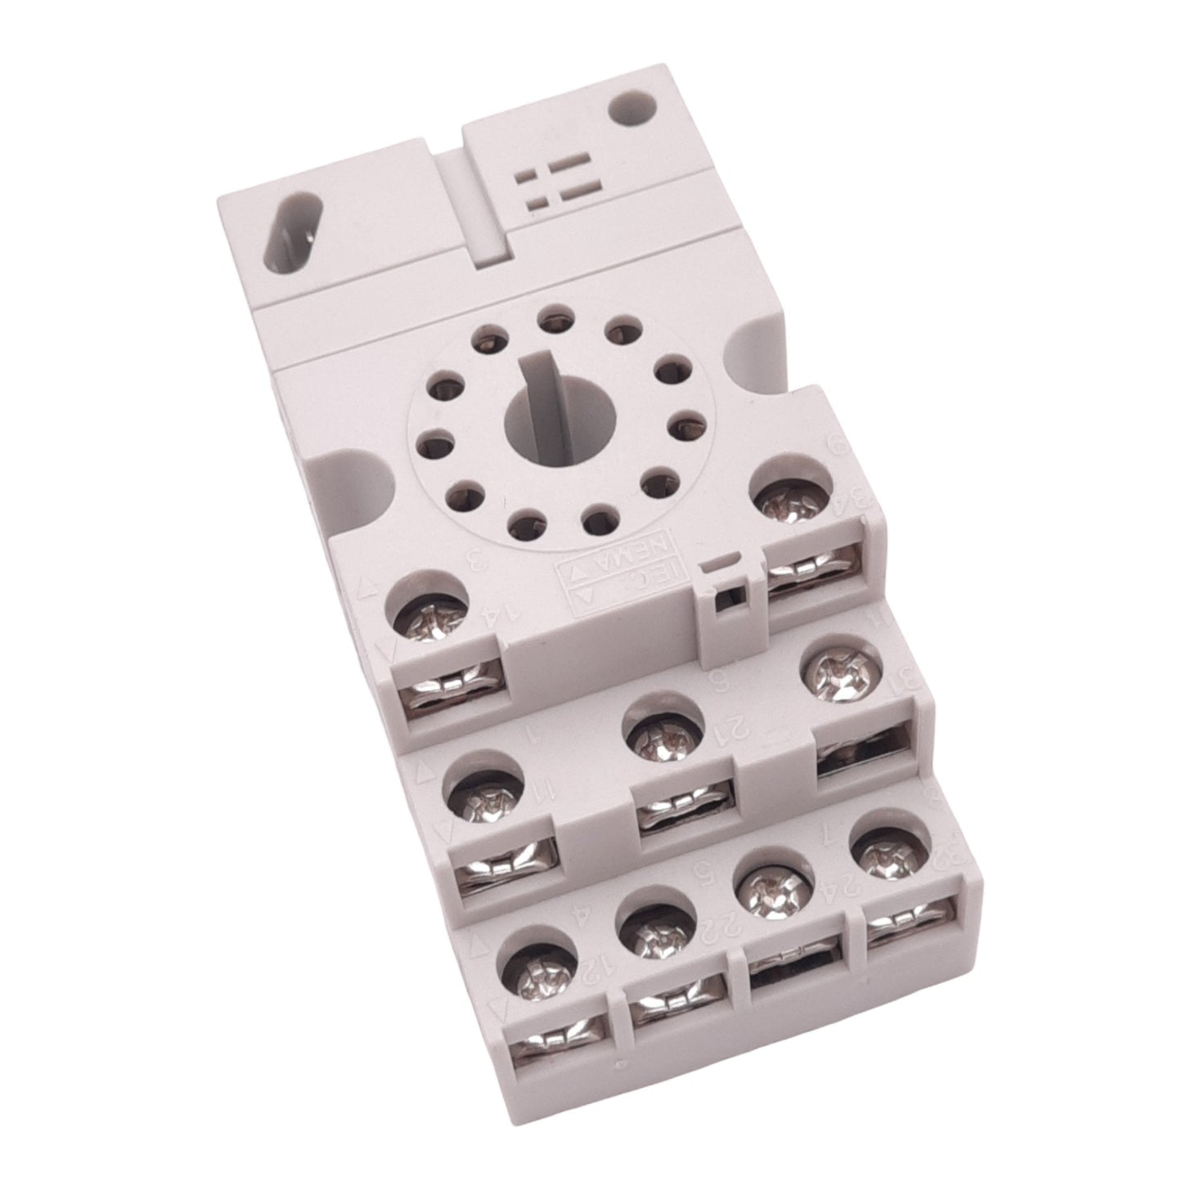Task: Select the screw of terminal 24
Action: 771,889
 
